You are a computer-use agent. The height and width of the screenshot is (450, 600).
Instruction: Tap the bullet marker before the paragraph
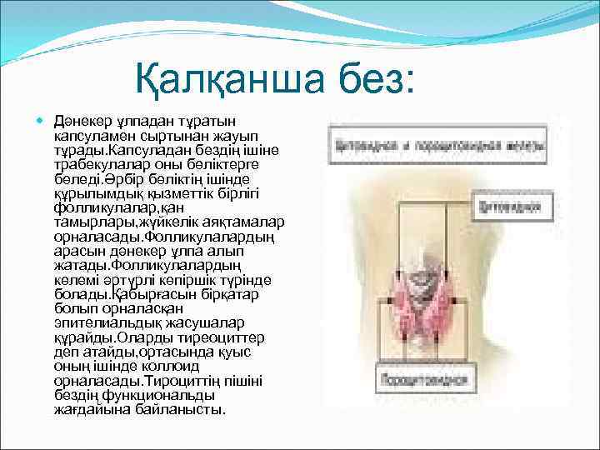(x=43, y=122)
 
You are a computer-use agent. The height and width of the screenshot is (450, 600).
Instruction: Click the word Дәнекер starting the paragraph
(x=82, y=122)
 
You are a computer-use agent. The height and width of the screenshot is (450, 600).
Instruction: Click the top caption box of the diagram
(x=437, y=143)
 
